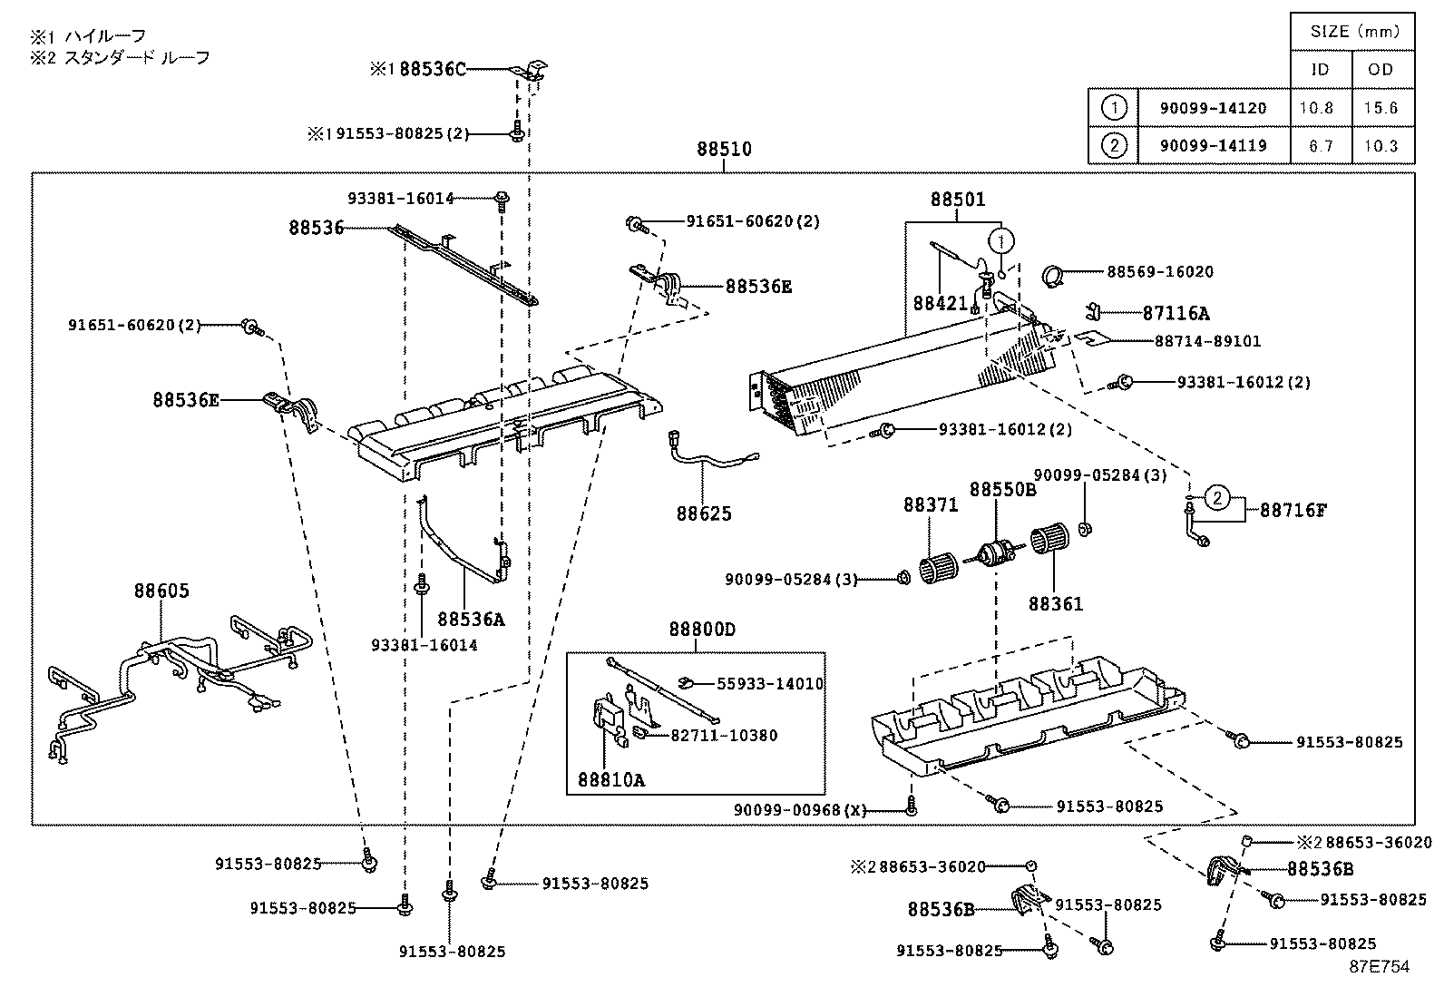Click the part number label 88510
(x=724, y=149)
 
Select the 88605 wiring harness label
(x=161, y=591)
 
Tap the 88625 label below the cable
(x=703, y=513)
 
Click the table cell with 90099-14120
(x=1213, y=108)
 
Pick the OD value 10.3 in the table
(x=1380, y=145)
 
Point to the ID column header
(x=1322, y=70)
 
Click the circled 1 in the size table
(x=1114, y=108)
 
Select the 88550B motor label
(x=1002, y=490)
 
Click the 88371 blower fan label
(x=930, y=504)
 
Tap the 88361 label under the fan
(x=1055, y=603)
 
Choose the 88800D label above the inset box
(x=702, y=630)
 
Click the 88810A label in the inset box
(x=610, y=779)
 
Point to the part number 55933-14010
(x=770, y=684)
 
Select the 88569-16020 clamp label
(x=1159, y=271)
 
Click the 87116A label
(x=1176, y=314)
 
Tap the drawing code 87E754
(x=1379, y=967)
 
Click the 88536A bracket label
(x=470, y=619)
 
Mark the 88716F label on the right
(x=1293, y=510)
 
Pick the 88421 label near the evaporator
(x=940, y=303)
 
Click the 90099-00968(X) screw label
(x=800, y=810)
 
